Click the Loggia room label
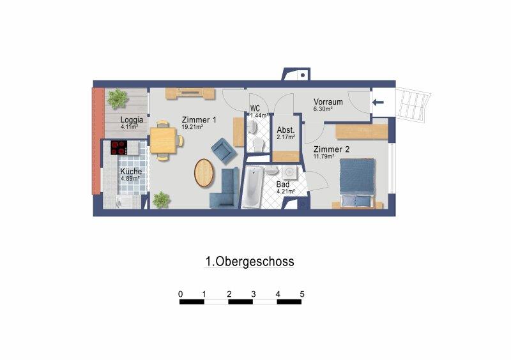pyautogui.click(x=132, y=119)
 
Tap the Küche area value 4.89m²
pyautogui.click(x=130, y=179)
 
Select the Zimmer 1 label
pyautogui.click(x=199, y=120)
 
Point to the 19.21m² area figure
pyautogui.click(x=193, y=127)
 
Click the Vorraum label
pyautogui.click(x=328, y=101)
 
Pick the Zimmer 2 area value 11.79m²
pyautogui.click(x=324, y=156)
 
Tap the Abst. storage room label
pyautogui.click(x=286, y=130)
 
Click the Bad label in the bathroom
pyautogui.click(x=282, y=184)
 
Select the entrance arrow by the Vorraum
pyautogui.click(x=378, y=102)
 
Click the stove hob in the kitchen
pyautogui.click(x=119, y=147)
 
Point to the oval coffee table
pyautogui.click(x=204, y=173)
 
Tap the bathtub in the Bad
pyautogui.click(x=252, y=186)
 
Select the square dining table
pyautogui.click(x=163, y=140)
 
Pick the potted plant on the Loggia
pyautogui.click(x=118, y=98)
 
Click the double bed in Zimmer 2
pyautogui.click(x=357, y=183)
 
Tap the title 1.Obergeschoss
pyautogui.click(x=250, y=261)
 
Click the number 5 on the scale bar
pyautogui.click(x=302, y=294)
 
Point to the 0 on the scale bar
pyautogui.click(x=181, y=294)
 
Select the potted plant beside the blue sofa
pyautogui.click(x=162, y=200)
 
